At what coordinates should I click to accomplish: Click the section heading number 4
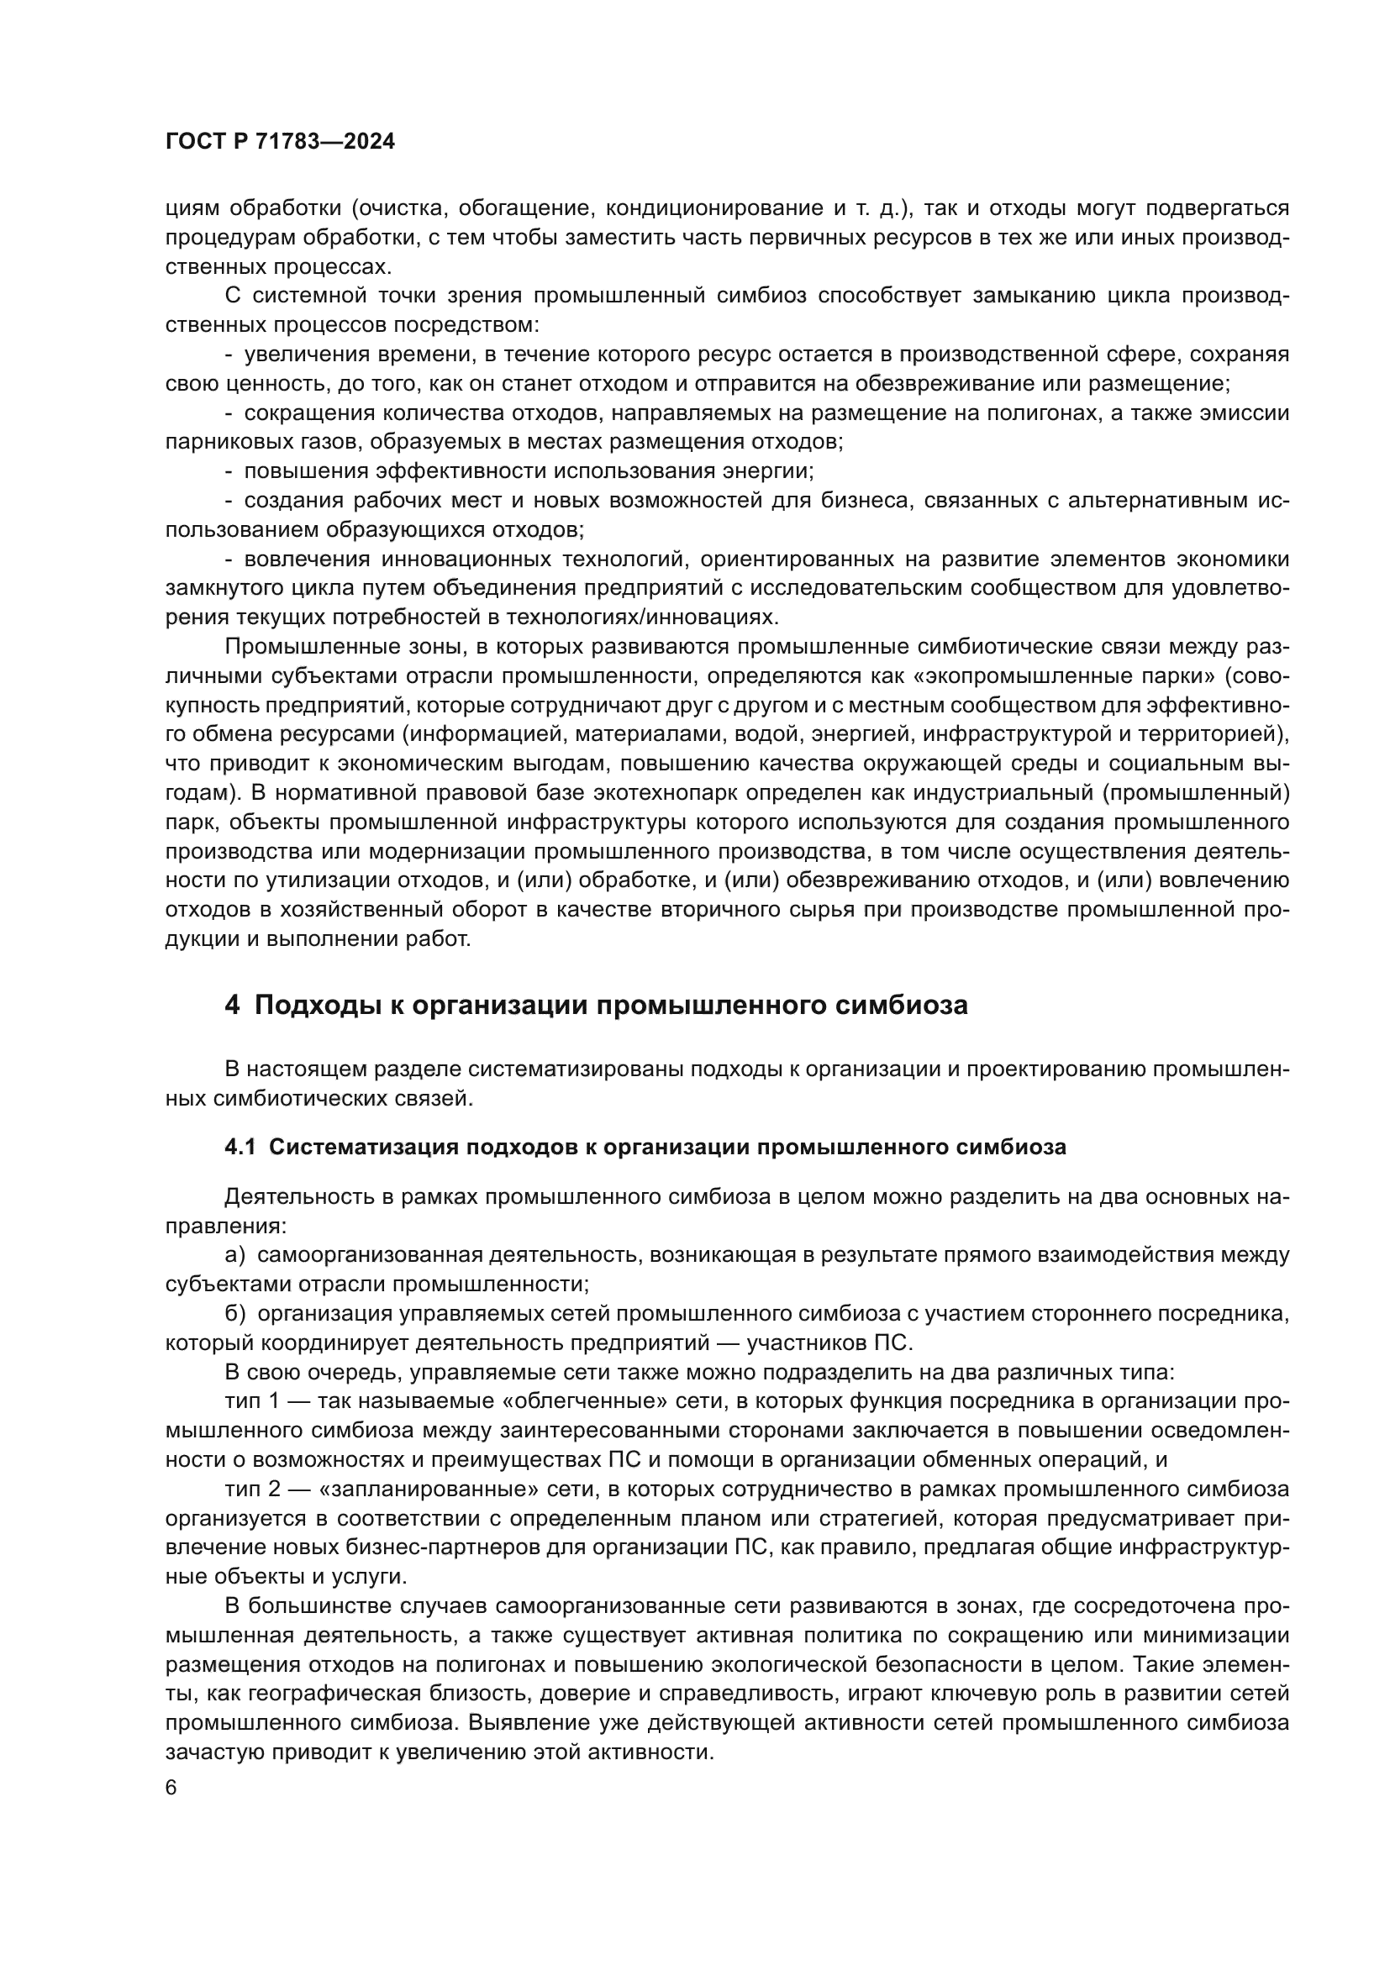pyautogui.click(x=231, y=1005)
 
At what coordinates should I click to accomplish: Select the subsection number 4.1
pyautogui.click(x=240, y=1147)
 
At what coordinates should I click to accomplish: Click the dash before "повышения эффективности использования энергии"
pyautogui.click(x=229, y=471)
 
